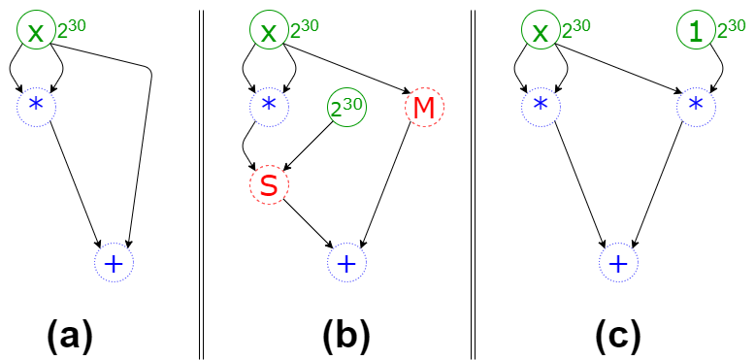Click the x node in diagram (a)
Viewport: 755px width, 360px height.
[36, 31]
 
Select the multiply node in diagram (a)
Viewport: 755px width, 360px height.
[36, 103]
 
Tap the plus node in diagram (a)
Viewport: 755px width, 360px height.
[113, 263]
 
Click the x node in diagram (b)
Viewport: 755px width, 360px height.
[269, 31]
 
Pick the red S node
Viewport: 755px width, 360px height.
[269, 186]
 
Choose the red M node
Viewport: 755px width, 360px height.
[423, 109]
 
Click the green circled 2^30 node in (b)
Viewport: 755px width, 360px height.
[345, 109]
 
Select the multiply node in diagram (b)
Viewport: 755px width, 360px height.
[269, 103]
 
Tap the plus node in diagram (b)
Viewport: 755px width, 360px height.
[345, 263]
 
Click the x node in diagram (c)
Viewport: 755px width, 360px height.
[541, 31]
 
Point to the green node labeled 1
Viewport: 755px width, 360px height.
[695, 31]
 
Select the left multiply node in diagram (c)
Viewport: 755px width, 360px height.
[541, 103]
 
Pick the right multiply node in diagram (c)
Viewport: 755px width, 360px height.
[695, 103]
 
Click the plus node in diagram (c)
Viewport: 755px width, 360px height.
[617, 263]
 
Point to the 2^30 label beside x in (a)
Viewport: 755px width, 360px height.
[72, 29]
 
